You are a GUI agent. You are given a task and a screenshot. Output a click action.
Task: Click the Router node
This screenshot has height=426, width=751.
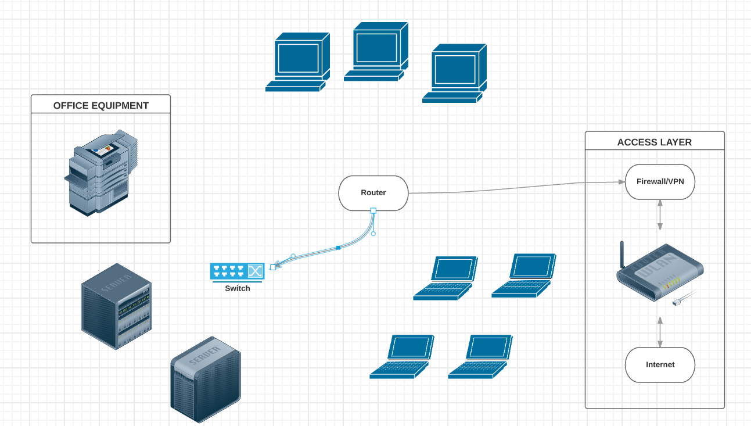pos(373,193)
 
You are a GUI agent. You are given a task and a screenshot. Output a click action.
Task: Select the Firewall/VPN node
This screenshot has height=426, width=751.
pos(660,182)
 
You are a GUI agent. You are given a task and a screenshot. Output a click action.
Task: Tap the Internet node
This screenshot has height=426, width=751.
pos(660,365)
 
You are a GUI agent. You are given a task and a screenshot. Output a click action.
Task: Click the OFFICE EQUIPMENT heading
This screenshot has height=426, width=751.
pos(101,106)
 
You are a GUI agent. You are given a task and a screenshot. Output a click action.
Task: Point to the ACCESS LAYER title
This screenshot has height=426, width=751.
pos(655,142)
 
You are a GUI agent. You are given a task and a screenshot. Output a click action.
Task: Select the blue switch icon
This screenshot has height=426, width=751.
pos(237,271)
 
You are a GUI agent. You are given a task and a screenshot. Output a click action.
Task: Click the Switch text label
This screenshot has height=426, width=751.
pos(238,288)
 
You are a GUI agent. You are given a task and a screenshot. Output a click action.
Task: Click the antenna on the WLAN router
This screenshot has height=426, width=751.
pos(621,253)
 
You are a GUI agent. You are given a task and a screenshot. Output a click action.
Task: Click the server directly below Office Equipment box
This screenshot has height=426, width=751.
pos(116,306)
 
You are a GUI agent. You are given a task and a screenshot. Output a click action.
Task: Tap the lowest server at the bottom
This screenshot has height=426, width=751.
pos(205,380)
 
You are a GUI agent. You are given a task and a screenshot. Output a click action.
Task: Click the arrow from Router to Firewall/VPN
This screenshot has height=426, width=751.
pos(511,188)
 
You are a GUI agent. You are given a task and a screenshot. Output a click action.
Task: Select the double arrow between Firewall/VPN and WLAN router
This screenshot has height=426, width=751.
pos(660,215)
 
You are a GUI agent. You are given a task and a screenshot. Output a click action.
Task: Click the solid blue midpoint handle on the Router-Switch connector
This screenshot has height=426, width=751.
pos(338,248)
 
